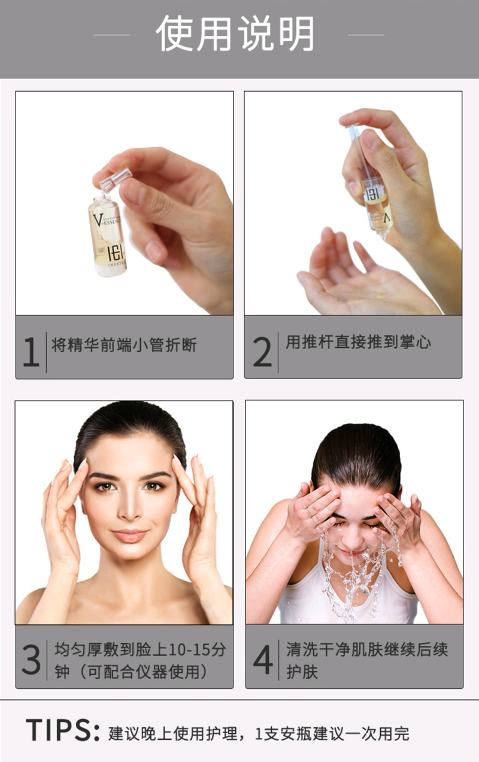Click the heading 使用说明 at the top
click(235, 34)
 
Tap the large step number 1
click(31, 352)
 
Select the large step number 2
click(263, 352)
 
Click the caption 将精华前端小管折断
click(124, 345)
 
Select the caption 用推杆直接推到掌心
click(358, 342)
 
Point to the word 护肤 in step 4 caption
click(302, 672)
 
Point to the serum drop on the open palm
click(381, 295)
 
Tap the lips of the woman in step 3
click(129, 536)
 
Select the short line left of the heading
click(111, 35)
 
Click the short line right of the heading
click(366, 35)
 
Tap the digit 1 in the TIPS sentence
click(259, 734)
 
